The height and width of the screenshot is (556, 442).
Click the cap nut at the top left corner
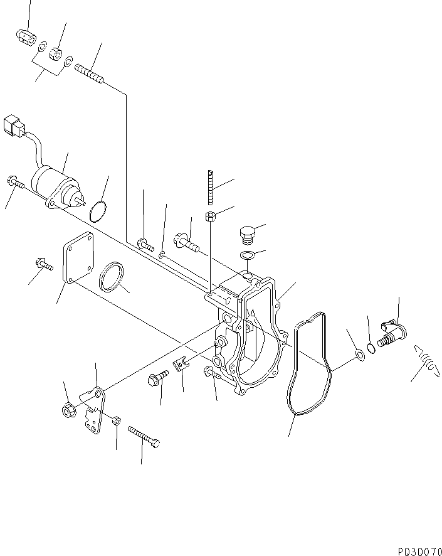tap(24, 37)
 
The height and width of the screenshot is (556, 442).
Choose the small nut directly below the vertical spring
tap(211, 217)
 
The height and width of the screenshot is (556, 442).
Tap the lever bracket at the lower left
tap(95, 412)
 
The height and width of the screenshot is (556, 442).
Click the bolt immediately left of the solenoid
tap(15, 183)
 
